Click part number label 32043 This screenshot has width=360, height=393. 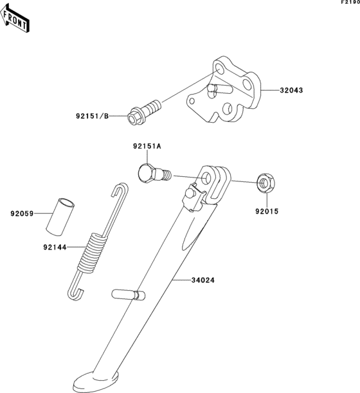[x=291, y=90]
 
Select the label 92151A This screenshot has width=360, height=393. [x=147, y=147]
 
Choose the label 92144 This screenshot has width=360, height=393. [x=57, y=246]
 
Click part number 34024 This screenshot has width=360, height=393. [x=202, y=280]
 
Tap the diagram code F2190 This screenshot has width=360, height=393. [x=350, y=3]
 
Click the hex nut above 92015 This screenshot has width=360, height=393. [x=264, y=183]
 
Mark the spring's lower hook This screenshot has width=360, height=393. [x=75, y=293]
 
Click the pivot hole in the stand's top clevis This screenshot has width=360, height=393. [x=206, y=178]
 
